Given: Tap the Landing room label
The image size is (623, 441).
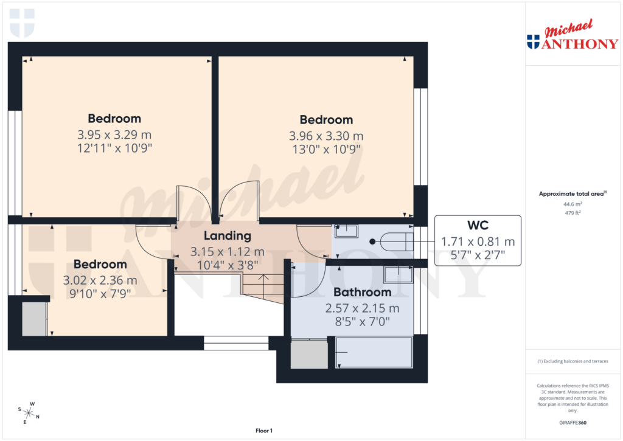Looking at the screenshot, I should (227, 236).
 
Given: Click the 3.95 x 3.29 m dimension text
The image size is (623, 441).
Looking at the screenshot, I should (114, 134).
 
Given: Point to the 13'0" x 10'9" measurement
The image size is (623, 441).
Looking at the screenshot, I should (326, 148).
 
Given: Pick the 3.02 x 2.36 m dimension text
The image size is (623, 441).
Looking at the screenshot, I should (100, 280).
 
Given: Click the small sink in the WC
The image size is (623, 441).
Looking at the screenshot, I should (347, 231).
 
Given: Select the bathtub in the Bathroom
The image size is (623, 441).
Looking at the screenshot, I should (374, 352).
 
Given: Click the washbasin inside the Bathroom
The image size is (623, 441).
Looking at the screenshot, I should (398, 274).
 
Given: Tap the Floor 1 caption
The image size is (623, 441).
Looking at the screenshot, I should (263, 431).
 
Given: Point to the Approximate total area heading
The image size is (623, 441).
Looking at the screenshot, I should (571, 194).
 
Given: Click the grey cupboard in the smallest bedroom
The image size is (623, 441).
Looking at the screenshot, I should (34, 318).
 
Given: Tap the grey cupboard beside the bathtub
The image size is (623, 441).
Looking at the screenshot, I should (309, 354).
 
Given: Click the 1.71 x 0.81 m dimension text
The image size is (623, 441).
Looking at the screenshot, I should (478, 242).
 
